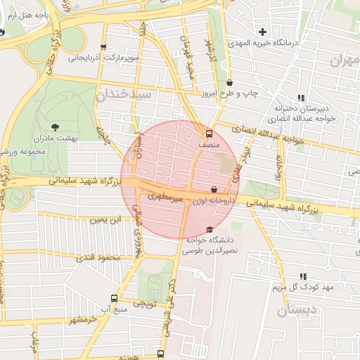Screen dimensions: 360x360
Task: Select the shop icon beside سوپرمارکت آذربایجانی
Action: pyautogui.click(x=104, y=49)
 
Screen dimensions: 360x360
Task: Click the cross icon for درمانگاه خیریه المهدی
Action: pyautogui.click(x=263, y=32)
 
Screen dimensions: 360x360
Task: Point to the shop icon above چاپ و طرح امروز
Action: pyautogui.click(x=229, y=82)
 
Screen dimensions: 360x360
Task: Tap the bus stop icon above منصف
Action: pyautogui.click(x=208, y=133)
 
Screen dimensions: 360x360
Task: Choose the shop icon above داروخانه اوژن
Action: pyautogui.click(x=214, y=189)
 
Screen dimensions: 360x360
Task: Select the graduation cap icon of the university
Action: pyautogui.click(x=209, y=229)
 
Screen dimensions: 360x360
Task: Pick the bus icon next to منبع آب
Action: pyautogui.click(x=115, y=298)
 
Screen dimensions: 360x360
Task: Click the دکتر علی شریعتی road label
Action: pyautogui.click(x=169, y=302)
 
